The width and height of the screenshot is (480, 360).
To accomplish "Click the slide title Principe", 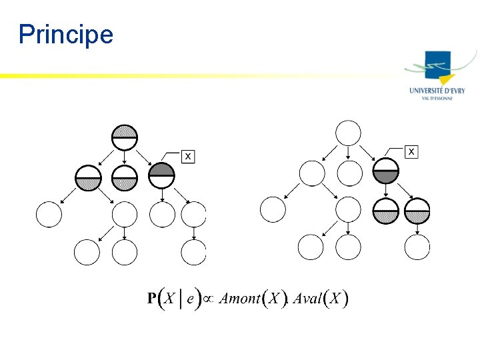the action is coord(66,34).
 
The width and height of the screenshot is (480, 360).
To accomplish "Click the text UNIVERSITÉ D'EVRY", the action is coord(437,91).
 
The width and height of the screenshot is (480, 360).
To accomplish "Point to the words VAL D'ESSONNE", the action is coord(437,98).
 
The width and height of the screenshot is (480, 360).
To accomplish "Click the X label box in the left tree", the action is coord(189,156).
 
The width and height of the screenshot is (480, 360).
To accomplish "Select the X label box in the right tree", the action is coord(412,153).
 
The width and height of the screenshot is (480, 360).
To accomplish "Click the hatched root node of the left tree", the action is coord(125,137).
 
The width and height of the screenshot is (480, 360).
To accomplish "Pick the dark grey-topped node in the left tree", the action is coord(161,176).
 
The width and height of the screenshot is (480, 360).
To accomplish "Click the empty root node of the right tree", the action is coord(349,133).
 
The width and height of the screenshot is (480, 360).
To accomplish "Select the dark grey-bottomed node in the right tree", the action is coord(386,171).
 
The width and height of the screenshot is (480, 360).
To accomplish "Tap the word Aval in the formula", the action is coord(307,299).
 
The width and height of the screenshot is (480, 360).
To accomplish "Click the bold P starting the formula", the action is coord(152,299).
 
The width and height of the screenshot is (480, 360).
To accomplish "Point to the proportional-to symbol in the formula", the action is coord(207,299).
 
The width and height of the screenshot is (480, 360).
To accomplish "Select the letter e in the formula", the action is coord(190,299).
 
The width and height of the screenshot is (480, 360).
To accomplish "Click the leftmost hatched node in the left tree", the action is coord(88,177).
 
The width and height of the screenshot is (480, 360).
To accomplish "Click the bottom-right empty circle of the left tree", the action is coord(194,253).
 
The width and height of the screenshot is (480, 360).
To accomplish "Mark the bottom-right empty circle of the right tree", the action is coord(418,247).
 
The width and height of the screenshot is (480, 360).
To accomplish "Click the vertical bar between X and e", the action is coord(180,298).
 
